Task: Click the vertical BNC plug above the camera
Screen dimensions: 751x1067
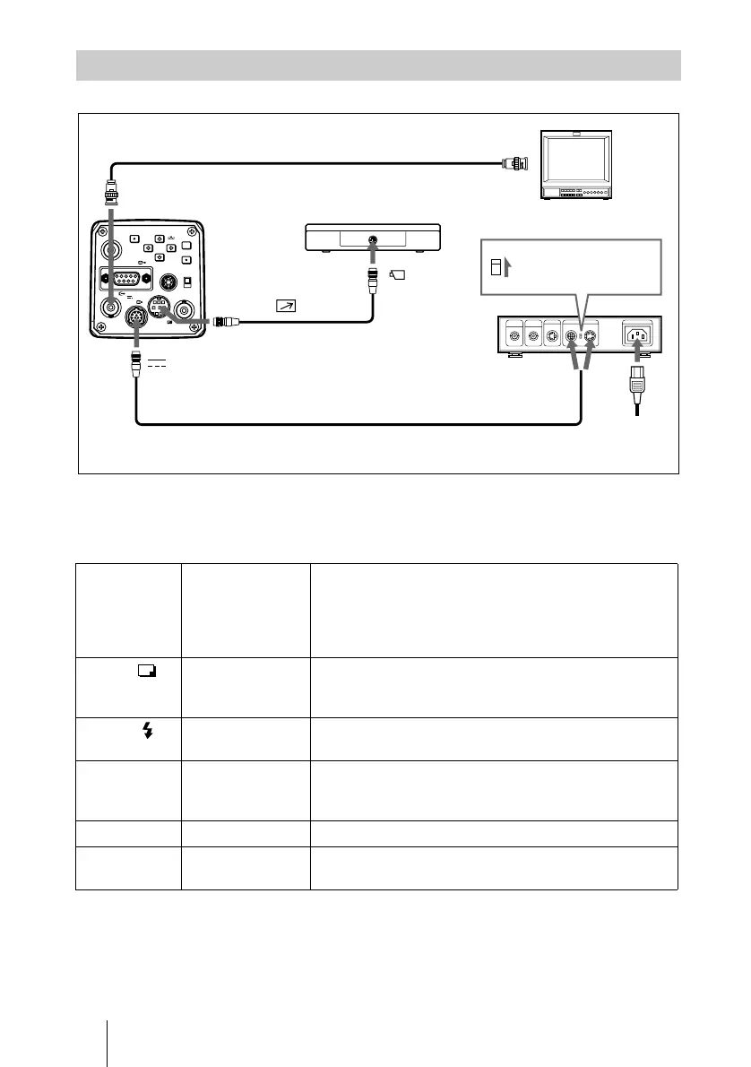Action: (x=113, y=193)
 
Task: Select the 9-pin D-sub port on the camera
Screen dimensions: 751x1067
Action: (x=125, y=277)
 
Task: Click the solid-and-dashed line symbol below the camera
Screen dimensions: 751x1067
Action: (x=157, y=365)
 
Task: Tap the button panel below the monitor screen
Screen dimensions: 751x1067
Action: (x=582, y=194)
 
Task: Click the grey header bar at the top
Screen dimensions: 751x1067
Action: (x=377, y=65)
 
